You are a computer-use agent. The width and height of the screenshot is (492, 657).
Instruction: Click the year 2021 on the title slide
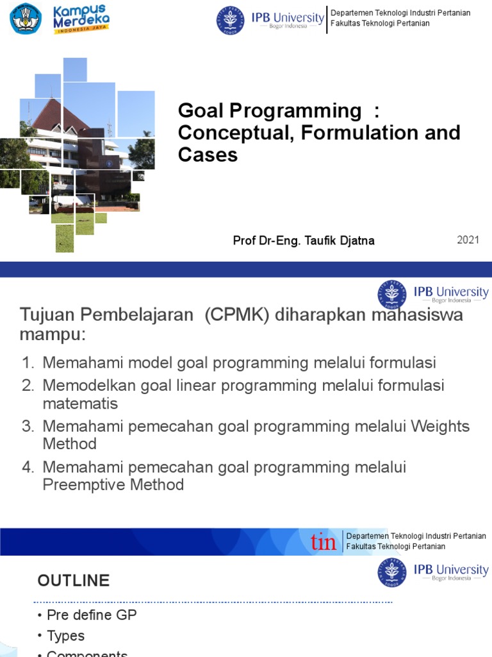468,240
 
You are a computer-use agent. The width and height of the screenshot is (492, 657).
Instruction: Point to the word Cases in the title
208,155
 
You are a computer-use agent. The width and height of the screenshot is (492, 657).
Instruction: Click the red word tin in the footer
324,542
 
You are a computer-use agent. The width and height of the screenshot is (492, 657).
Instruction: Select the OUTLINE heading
73,581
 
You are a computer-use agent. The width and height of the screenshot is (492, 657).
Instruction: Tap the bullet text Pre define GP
92,615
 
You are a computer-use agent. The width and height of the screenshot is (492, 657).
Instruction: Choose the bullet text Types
65,636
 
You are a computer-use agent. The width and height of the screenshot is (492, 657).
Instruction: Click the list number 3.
27,427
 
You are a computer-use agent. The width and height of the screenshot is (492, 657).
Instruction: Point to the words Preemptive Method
113,485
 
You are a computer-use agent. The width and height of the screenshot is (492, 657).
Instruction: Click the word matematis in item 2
80,404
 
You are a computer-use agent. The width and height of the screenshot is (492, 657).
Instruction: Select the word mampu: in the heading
53,335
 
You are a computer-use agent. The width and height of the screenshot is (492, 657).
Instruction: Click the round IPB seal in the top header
231,21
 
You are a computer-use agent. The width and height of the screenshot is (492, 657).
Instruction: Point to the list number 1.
27,363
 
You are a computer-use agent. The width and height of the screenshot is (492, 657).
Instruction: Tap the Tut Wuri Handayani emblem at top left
26,19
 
